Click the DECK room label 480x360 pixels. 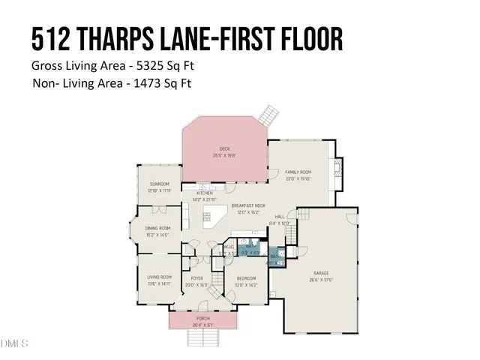(x=224, y=148)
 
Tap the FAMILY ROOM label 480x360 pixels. (x=298, y=172)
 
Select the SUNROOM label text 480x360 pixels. (x=159, y=184)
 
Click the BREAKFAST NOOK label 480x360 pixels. (x=248, y=205)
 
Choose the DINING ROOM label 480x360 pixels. (x=157, y=228)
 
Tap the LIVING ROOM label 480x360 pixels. (x=159, y=277)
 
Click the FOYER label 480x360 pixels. (x=196, y=278)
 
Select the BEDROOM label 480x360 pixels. (x=247, y=278)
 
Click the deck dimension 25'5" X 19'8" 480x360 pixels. (x=224, y=155)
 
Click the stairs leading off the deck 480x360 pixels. (x=268, y=115)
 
